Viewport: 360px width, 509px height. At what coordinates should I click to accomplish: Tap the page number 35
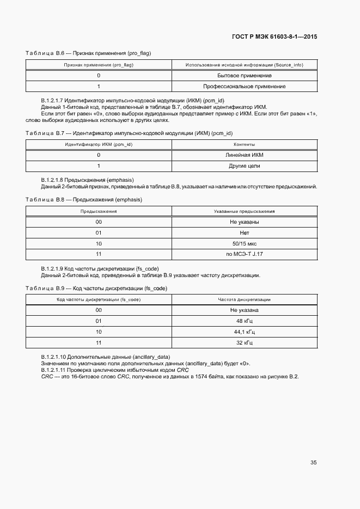pyautogui.click(x=313, y=463)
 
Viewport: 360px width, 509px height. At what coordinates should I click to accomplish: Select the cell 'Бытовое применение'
pyautogui.click(x=244, y=76)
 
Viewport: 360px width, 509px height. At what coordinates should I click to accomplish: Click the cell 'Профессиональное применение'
pyautogui.click(x=244, y=87)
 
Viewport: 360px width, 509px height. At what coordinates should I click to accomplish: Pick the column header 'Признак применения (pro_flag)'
pyautogui.click(x=99, y=65)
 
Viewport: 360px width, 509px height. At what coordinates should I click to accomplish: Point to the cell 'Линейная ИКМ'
pyautogui.click(x=244, y=155)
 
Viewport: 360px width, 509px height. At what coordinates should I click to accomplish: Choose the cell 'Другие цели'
pyautogui.click(x=244, y=165)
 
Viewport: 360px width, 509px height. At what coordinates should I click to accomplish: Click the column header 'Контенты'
pyautogui.click(x=244, y=144)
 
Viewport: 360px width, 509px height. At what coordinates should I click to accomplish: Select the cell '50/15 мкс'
pyautogui.click(x=244, y=243)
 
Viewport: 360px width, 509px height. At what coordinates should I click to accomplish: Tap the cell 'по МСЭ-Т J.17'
pyautogui.click(x=244, y=254)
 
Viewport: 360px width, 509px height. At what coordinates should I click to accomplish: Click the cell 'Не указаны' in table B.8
pyautogui.click(x=244, y=222)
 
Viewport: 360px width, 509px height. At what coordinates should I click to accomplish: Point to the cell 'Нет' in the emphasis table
pyautogui.click(x=244, y=232)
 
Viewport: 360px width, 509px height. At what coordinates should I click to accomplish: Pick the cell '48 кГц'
pyautogui.click(x=244, y=321)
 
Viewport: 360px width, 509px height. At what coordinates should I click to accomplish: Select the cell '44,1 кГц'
pyautogui.click(x=244, y=332)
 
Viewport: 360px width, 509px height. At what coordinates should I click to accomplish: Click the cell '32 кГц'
pyautogui.click(x=244, y=343)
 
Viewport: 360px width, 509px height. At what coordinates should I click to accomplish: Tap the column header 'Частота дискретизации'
pyautogui.click(x=244, y=299)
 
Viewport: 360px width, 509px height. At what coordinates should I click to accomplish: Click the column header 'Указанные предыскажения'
pyautogui.click(x=244, y=211)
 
